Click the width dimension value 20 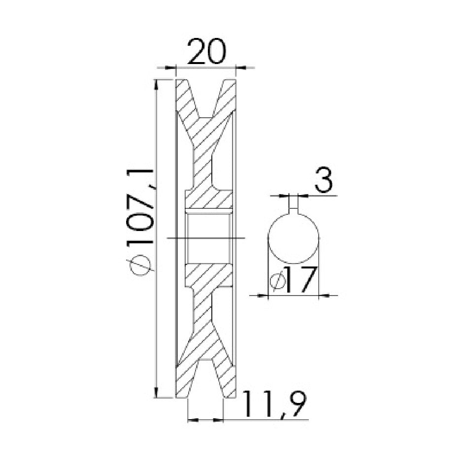click(x=206, y=51)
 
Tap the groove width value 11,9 click(x=274, y=404)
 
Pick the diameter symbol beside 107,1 click(x=140, y=265)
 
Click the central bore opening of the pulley click(x=208, y=238)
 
